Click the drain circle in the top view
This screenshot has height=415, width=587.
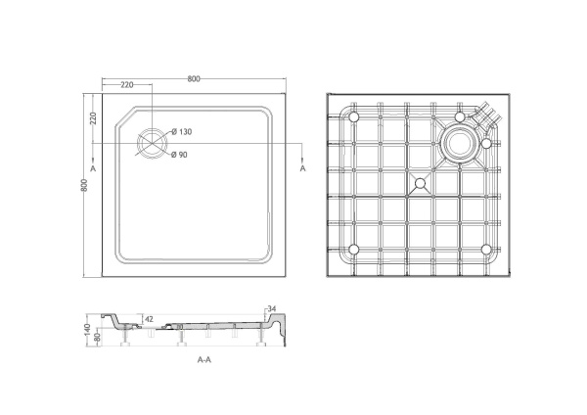click(x=152, y=144)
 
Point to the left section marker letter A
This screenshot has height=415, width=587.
click(x=92, y=170)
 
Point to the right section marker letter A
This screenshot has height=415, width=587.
click(x=302, y=169)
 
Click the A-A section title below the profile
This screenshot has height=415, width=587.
click(x=204, y=360)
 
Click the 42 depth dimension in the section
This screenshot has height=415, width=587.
click(x=149, y=319)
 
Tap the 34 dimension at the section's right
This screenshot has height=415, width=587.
click(x=272, y=310)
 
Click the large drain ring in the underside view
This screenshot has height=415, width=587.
click(x=457, y=144)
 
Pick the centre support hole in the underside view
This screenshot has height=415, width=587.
click(x=420, y=183)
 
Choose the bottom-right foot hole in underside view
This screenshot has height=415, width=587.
click(x=485, y=249)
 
